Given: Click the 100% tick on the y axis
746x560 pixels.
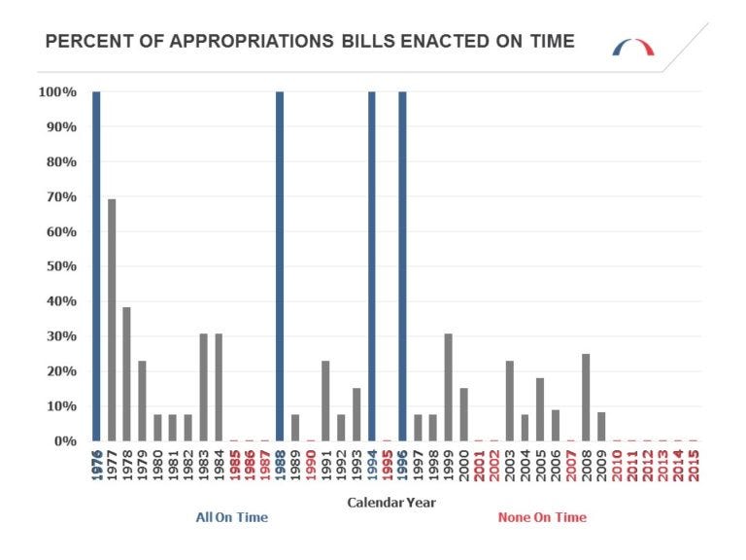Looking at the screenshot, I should pos(57,92).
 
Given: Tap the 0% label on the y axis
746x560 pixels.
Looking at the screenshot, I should pos(63,440).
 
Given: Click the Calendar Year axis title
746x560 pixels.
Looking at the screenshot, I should pos(391,503).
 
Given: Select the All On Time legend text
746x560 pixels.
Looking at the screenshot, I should pos(231,517).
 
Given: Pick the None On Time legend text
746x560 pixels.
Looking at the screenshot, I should pos(542,517).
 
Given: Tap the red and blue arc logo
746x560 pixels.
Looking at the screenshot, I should pos(633,47).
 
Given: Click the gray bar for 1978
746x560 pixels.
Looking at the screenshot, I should pos(127,373).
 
